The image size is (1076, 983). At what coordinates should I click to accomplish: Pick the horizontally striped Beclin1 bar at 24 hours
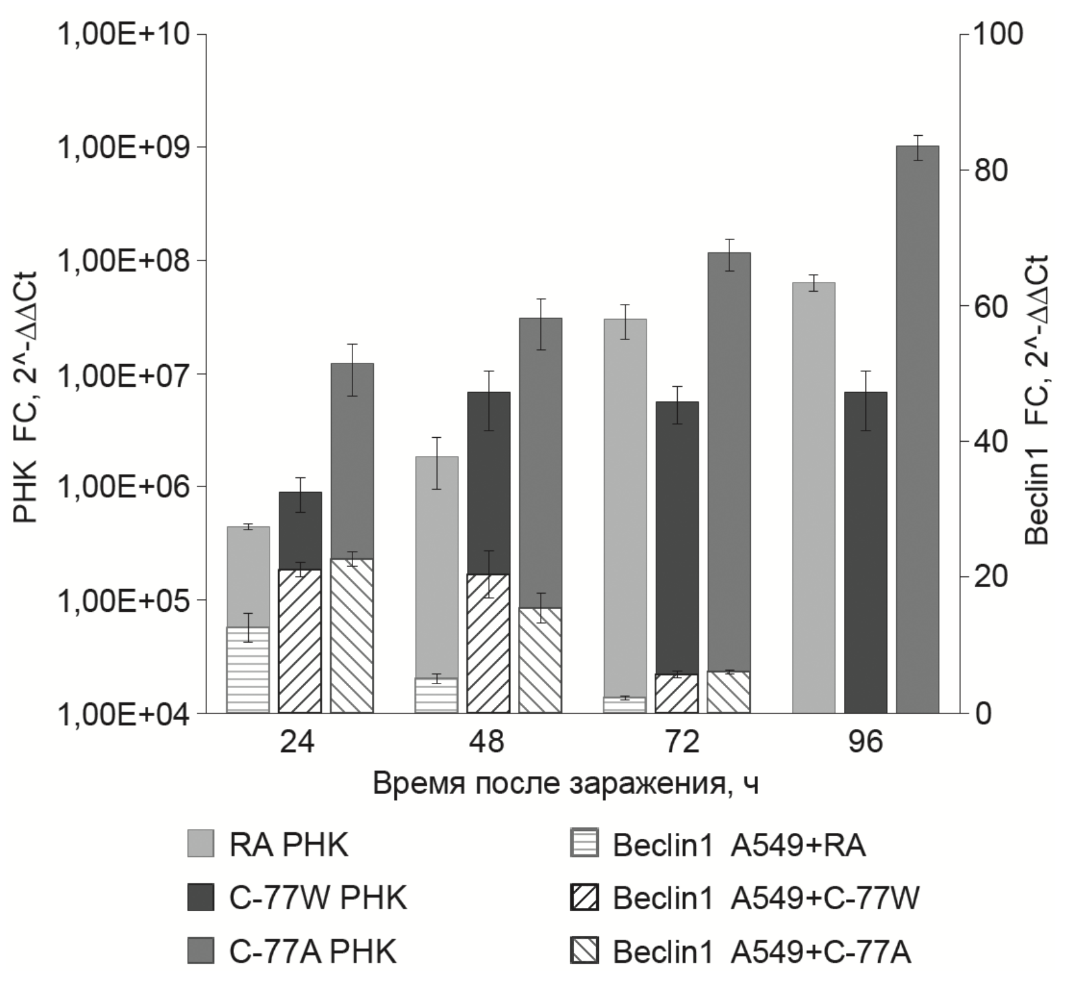click(x=248, y=670)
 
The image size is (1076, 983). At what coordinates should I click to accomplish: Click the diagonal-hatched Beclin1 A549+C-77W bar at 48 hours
click(x=488, y=643)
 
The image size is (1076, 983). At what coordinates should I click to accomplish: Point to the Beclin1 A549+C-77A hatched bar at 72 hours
click(x=729, y=692)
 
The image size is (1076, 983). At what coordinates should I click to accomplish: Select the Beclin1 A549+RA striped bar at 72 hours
click(x=625, y=705)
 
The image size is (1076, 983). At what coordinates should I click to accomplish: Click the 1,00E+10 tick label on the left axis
click(x=124, y=34)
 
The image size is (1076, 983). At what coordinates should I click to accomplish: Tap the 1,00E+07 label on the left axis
click(x=124, y=374)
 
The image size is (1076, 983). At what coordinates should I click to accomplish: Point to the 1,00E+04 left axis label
click(x=124, y=714)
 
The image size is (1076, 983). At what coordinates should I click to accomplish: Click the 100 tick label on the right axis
click(x=998, y=34)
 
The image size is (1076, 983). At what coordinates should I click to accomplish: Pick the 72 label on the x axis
click(x=683, y=741)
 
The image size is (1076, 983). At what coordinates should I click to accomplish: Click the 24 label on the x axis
click(x=297, y=741)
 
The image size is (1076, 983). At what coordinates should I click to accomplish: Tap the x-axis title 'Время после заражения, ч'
click(x=566, y=784)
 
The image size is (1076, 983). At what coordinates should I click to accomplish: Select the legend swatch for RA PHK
click(x=200, y=843)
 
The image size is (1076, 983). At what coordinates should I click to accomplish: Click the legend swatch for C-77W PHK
click(x=200, y=898)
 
